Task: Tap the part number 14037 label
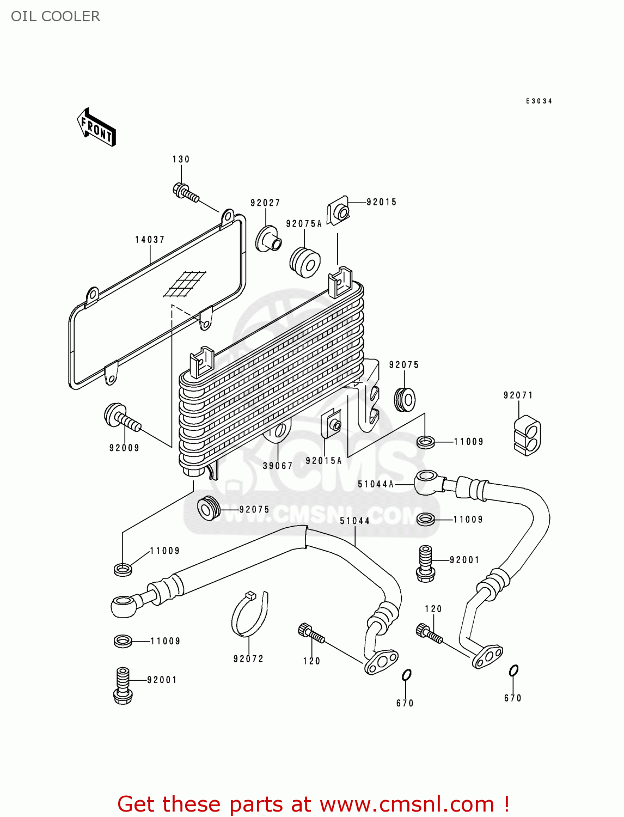click(x=150, y=240)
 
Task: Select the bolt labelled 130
click(x=185, y=192)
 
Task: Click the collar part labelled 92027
click(x=268, y=239)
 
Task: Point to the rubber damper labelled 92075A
click(x=304, y=262)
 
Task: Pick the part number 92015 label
click(x=381, y=202)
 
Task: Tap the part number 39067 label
click(x=278, y=466)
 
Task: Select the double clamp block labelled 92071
click(x=527, y=436)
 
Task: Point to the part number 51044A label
click(x=376, y=484)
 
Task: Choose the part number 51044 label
click(x=355, y=521)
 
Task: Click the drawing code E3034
click(x=539, y=101)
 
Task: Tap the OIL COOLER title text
click(x=56, y=16)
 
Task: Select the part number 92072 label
click(x=248, y=659)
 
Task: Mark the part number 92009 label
click(x=124, y=448)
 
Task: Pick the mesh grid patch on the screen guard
click(x=185, y=284)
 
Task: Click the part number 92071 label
click(x=518, y=395)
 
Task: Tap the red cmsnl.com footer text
click(x=313, y=804)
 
